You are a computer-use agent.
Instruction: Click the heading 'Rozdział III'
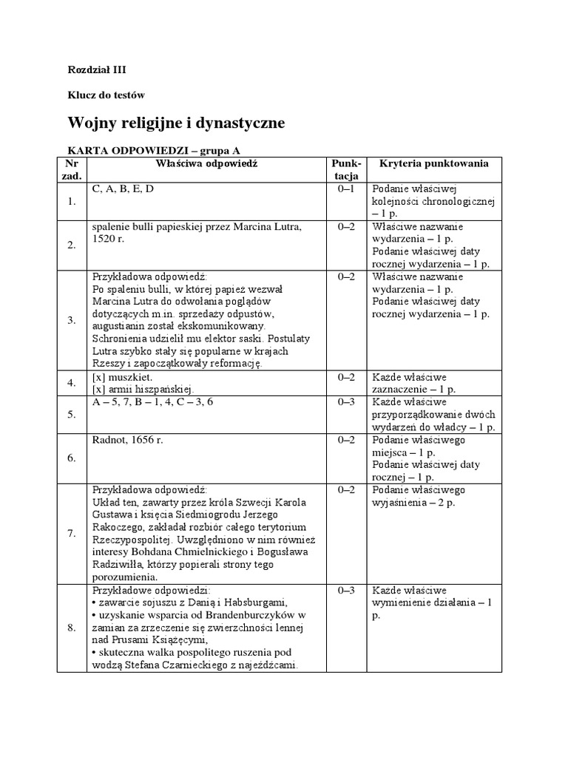98,70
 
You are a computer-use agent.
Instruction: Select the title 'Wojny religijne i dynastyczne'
176,121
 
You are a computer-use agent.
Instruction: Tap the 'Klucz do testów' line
106,95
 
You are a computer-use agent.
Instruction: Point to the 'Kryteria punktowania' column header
433,163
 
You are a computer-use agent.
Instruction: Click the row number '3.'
71,319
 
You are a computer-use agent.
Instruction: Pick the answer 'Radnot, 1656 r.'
126,440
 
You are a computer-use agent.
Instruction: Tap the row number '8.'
71,628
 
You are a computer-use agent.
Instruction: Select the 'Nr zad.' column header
71,169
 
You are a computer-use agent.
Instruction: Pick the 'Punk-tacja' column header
345,169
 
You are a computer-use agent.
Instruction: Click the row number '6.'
71,458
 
